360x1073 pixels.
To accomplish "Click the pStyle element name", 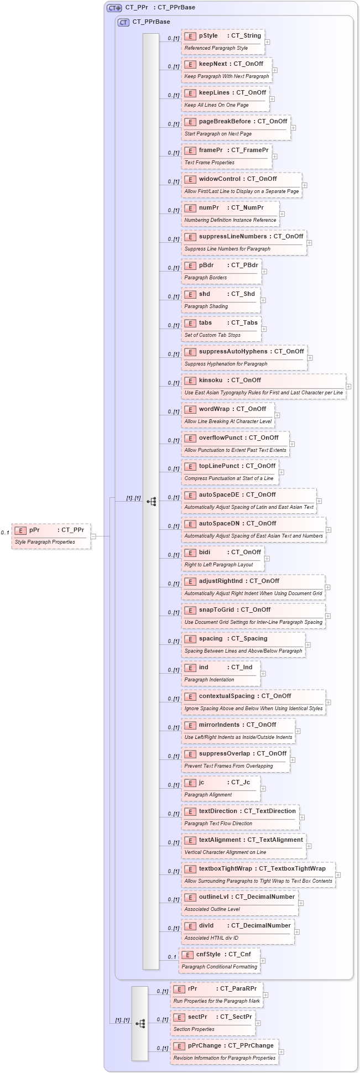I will coord(208,35).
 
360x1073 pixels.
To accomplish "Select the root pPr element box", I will coord(51,535).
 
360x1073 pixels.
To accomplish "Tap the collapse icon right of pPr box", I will coord(93,536).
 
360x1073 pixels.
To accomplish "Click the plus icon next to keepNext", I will coord(275,70).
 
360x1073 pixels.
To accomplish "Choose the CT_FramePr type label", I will coord(249,150).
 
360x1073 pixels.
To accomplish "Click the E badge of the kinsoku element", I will coord(190,381).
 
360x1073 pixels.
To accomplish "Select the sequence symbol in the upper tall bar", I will coord(151,502).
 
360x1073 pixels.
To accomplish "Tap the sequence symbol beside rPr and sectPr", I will coord(140,1024).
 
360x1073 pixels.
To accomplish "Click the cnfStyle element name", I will coord(208,954).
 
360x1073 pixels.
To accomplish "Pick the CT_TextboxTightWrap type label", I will coord(292,868).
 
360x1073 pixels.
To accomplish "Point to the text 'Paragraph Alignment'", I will coord(208,795).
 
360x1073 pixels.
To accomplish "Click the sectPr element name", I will coord(197,1017).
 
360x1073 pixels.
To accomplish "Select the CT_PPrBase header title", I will coord(151,22).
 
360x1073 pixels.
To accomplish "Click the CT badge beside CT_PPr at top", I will coord(114,8).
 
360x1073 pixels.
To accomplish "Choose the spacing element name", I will coord(211,638).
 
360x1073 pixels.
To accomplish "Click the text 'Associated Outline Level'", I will coord(212,909).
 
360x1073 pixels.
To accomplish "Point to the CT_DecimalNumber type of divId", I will coord(260,925).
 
